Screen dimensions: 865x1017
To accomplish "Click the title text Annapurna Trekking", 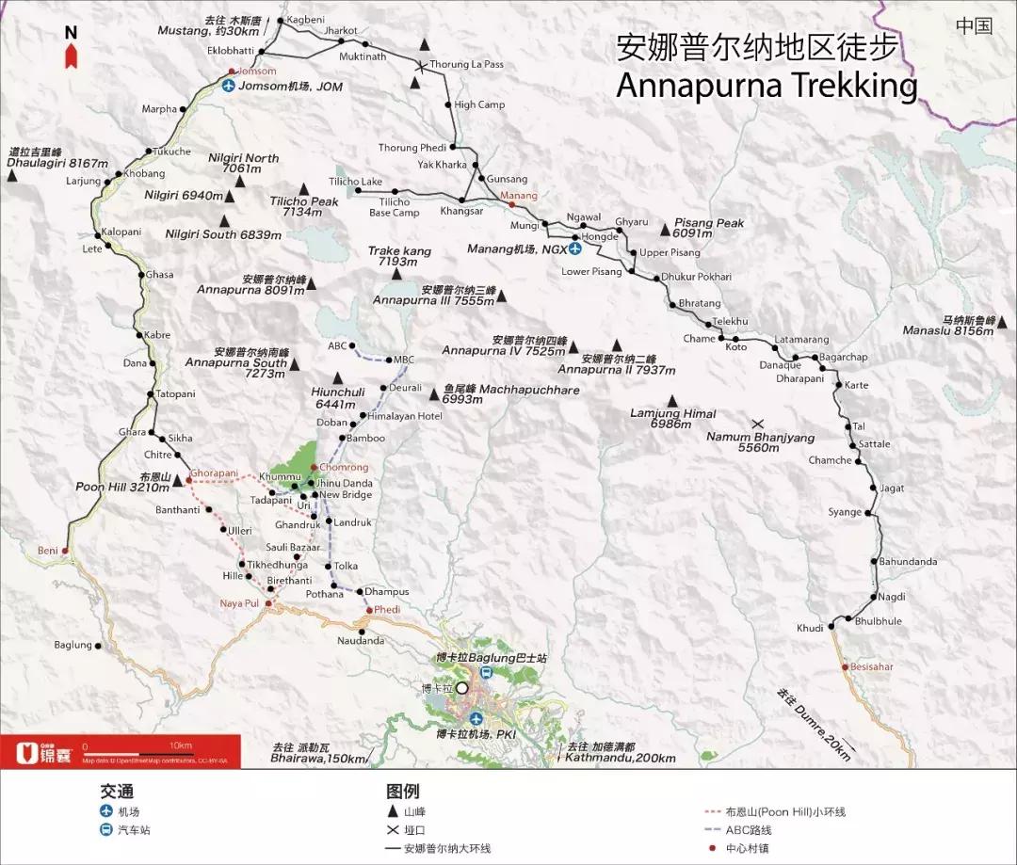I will coord(766,86).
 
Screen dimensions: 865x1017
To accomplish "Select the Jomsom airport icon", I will coord(228,87).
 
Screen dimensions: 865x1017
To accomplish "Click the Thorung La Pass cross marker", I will coord(420,65).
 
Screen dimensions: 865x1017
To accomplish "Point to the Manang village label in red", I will coord(519,196).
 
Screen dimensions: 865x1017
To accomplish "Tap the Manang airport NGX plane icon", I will coord(574,249).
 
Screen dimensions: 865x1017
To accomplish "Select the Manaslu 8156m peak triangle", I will coord(1002,324).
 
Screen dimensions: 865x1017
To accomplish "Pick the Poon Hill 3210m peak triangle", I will coord(177,482).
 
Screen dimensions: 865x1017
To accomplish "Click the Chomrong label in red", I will coord(344,467).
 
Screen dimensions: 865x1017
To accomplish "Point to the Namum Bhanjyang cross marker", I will coord(757,424).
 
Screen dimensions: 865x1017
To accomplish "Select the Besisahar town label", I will coord(871,666).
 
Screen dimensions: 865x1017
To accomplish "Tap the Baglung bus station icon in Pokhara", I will coord(485,673).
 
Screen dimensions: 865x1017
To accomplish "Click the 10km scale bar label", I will coord(181,746).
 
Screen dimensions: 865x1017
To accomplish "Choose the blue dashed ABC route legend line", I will coord(713,830).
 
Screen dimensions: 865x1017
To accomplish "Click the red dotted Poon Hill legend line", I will coord(713,811).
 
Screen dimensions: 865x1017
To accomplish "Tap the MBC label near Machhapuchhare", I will coord(403,360).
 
